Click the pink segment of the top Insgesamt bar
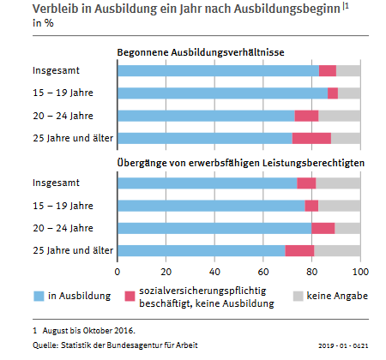coord(328,71)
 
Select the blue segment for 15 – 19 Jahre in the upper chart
coord(222,93)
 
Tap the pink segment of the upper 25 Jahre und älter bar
coord(311,138)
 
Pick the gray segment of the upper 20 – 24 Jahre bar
coord(340,116)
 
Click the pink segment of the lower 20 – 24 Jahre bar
coord(323,228)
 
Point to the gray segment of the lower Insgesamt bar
coord(338,183)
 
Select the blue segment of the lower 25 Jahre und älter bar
coord(202,250)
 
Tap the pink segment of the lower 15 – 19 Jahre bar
coord(311,206)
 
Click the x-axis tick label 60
coord(263,272)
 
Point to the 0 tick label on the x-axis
coord(118,272)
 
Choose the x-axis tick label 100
coord(360,272)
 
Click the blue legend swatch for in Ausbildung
coord(39,296)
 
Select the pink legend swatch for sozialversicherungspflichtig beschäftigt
coord(130,296)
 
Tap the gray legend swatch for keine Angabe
coord(298,296)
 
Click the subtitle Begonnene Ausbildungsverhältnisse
coord(201,52)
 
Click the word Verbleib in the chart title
coord(56,9)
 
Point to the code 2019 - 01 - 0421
coord(343,345)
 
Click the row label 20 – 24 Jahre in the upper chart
coord(63,116)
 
